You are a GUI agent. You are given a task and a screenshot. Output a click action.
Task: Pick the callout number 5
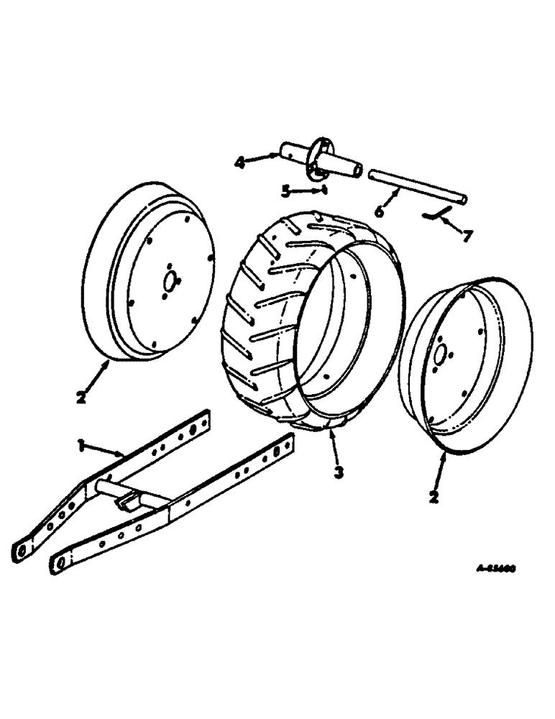click(x=286, y=191)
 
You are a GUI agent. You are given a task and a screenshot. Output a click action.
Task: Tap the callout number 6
click(x=379, y=212)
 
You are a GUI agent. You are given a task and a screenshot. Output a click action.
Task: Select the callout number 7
click(x=467, y=235)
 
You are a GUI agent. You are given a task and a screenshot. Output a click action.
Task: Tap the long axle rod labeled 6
click(x=417, y=184)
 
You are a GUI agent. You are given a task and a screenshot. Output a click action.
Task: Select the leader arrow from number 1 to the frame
click(x=108, y=452)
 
